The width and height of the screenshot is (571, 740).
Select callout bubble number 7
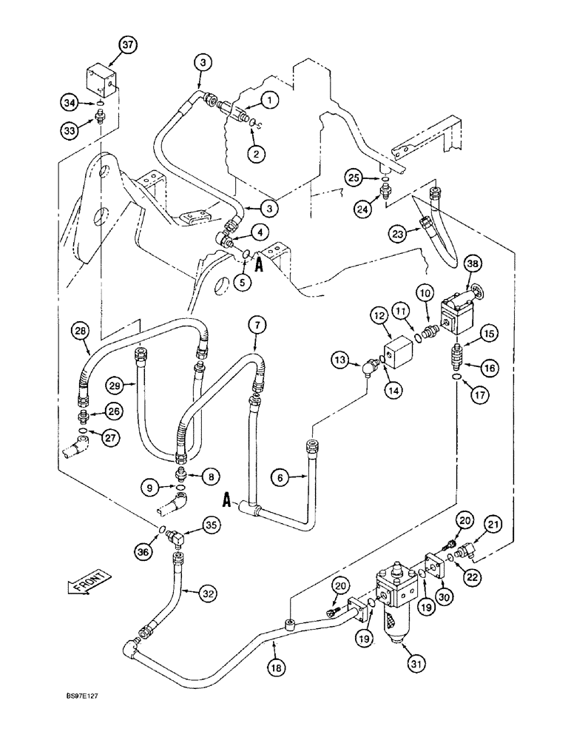254,325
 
